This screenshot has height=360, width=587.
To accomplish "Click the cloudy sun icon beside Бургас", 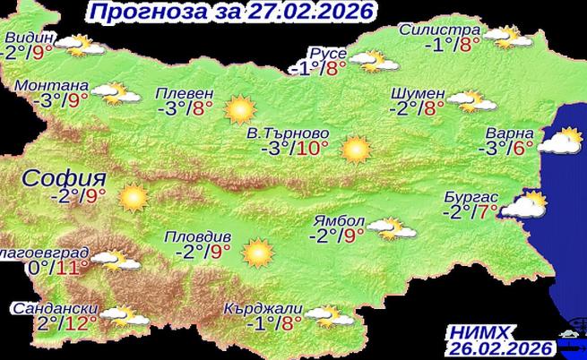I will [525, 207].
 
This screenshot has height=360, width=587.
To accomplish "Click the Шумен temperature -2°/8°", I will [419, 108].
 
